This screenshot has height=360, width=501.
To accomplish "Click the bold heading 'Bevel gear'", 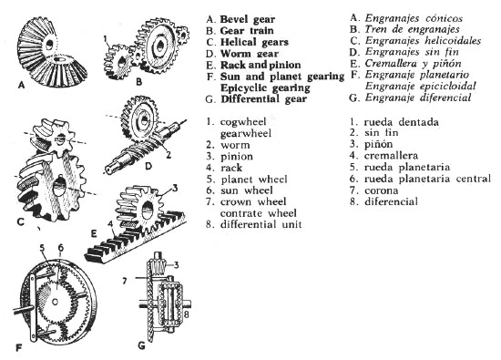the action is (x=247, y=19).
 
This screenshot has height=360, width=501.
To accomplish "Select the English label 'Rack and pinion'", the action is (x=261, y=66).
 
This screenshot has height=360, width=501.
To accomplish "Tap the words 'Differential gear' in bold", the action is (x=263, y=99).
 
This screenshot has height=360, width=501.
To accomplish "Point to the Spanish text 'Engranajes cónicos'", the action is (x=414, y=18).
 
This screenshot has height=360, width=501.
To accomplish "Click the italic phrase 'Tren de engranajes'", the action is (x=413, y=29).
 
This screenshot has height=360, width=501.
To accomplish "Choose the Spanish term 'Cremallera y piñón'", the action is (x=414, y=64).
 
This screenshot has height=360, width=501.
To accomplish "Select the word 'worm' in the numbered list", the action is (x=235, y=145).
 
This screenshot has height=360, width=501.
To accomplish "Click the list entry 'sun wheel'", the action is (x=246, y=190).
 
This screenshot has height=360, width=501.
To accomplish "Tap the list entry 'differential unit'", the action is (x=261, y=224).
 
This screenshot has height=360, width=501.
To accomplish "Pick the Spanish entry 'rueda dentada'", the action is (x=402, y=122).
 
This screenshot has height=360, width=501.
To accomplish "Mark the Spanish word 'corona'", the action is (x=381, y=190).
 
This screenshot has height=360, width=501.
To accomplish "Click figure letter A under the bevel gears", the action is (x=22, y=85).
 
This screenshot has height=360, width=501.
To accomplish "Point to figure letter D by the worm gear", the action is (x=148, y=166).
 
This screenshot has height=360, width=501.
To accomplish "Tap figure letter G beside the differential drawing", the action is (x=141, y=345).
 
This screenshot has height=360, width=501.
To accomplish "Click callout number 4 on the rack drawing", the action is (x=110, y=225).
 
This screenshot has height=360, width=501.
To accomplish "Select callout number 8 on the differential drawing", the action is (x=186, y=314).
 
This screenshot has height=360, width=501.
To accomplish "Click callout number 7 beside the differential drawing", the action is (x=125, y=281).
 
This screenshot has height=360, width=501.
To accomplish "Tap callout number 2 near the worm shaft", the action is (x=169, y=155).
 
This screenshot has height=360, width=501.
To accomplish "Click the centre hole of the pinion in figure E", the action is (x=148, y=210).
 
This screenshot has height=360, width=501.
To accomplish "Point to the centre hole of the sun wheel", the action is (x=55, y=302).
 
